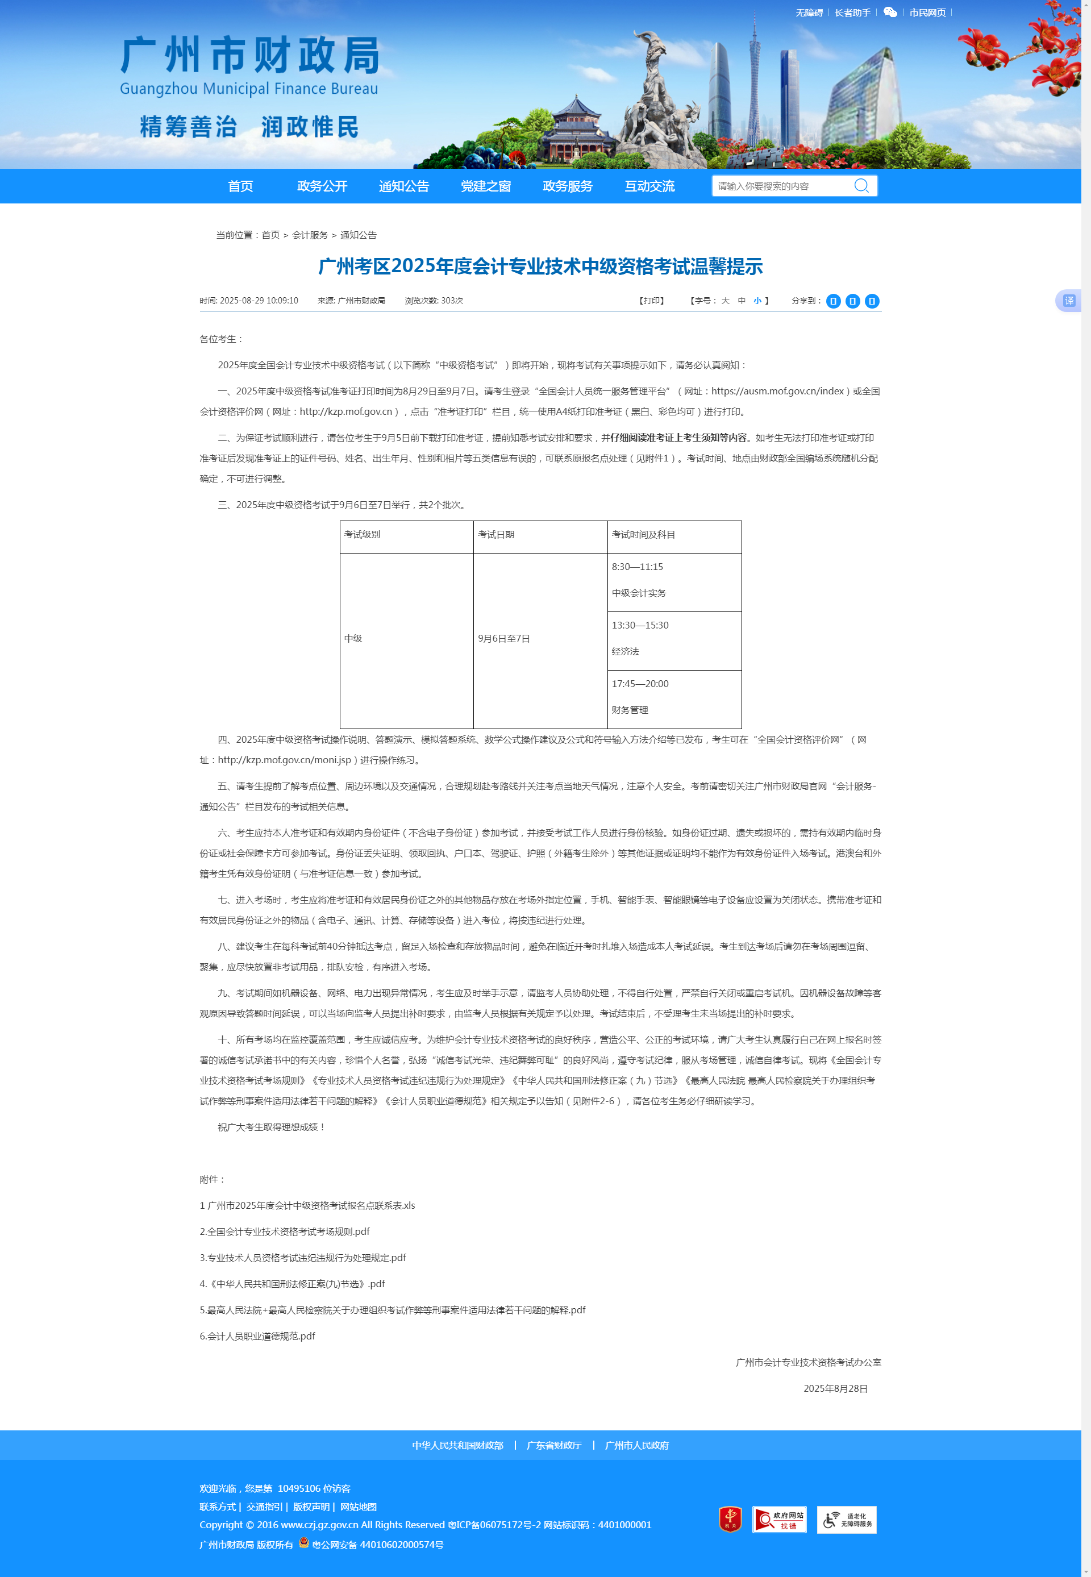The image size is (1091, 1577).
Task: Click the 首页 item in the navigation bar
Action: [240, 186]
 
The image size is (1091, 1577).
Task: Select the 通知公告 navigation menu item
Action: [403, 186]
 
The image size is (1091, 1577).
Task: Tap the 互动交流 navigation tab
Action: [649, 186]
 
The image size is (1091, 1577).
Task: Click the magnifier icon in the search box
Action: [861, 186]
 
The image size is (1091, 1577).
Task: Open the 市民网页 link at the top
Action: [927, 13]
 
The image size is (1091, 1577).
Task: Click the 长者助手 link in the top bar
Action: [852, 13]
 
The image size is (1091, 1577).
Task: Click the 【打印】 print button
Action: [651, 301]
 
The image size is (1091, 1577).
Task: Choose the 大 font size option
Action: [725, 301]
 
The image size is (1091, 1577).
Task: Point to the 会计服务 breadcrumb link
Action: [310, 235]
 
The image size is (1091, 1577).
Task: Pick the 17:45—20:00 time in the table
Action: [640, 684]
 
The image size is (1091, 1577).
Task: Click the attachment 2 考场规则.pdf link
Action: [284, 1231]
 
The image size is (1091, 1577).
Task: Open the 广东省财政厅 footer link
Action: [553, 1445]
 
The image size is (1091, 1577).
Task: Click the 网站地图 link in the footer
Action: [358, 1507]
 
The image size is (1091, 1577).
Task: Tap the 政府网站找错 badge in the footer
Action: [778, 1520]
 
